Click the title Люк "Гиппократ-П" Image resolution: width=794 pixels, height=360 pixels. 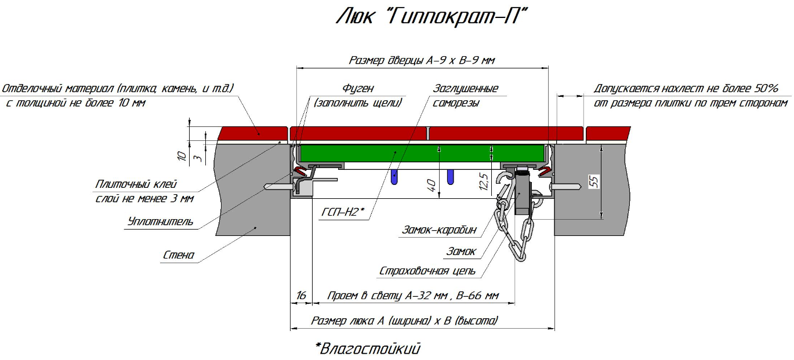(432, 17)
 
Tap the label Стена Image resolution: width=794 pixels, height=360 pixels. (179, 255)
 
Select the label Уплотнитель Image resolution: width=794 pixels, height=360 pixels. (160, 221)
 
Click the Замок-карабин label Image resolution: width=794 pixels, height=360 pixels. (439, 230)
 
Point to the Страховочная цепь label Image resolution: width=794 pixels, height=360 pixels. (427, 271)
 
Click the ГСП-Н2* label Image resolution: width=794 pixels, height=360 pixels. (343, 212)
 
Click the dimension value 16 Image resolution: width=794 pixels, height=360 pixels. (301, 295)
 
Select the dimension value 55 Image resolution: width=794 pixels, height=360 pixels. (594, 181)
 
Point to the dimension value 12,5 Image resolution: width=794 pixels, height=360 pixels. (484, 181)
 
